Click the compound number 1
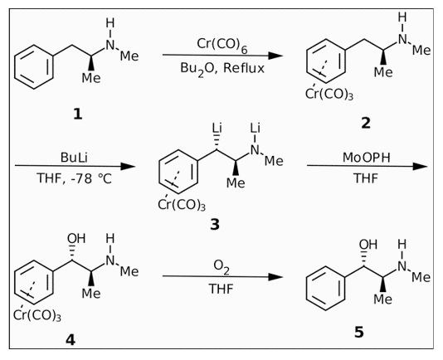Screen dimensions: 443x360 point(78,114)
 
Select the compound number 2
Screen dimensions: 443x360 point(366,124)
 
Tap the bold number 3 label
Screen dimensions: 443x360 point(215,225)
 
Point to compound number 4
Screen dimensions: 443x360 point(71,340)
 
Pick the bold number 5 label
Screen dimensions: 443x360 point(359,333)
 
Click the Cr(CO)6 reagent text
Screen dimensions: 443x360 point(221,45)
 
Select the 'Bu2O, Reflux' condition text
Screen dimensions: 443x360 point(222,69)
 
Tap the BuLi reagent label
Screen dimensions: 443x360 point(74,158)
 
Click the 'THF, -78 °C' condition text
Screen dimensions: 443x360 point(74,178)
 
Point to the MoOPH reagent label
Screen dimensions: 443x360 point(366,158)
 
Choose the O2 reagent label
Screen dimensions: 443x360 point(221,267)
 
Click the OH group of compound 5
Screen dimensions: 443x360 point(368,244)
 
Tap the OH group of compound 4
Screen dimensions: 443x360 point(76,239)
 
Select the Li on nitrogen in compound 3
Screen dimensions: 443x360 point(256,129)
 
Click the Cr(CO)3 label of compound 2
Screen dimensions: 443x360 point(329,94)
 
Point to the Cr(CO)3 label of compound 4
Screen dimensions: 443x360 point(37,315)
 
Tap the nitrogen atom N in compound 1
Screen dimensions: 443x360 point(110,45)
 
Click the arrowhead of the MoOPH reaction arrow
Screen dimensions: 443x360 point(420,166)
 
